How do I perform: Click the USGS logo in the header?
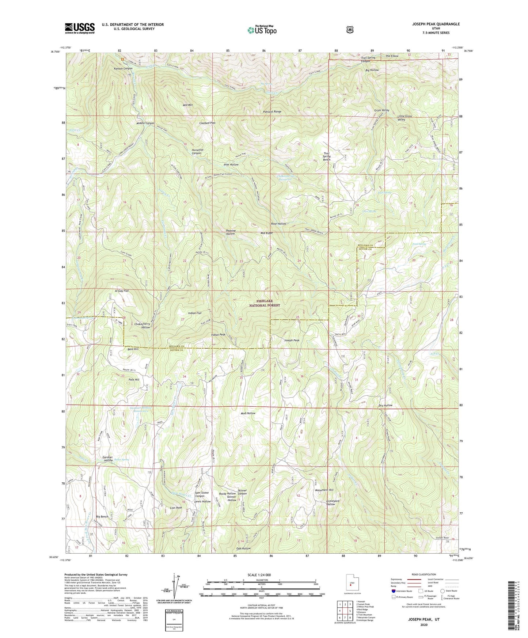click(x=80, y=28)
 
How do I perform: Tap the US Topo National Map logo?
click(x=261, y=30)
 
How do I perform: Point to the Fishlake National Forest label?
click(x=265, y=303)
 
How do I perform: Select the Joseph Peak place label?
click(x=292, y=340)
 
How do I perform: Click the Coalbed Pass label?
click(x=207, y=123)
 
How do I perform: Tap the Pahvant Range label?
click(x=272, y=111)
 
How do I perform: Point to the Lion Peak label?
click(x=176, y=508)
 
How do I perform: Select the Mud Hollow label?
click(x=248, y=413)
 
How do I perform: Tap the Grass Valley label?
click(x=381, y=110)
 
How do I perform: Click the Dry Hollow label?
click(x=385, y=405)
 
